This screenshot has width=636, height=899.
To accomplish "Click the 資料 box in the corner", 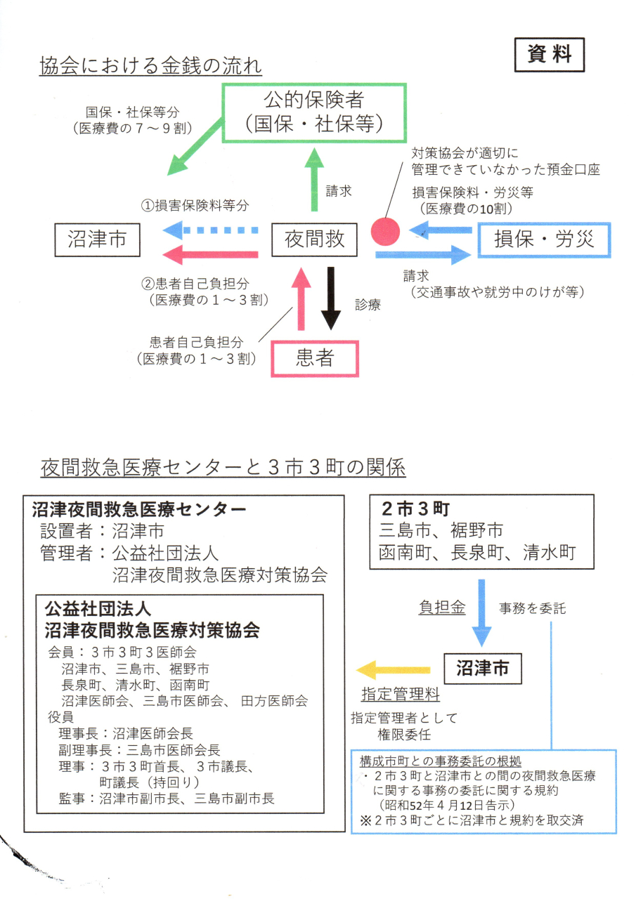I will pos(549,54).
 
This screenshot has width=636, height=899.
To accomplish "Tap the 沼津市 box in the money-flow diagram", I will pos(98,240).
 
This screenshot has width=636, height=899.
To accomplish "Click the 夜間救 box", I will pos(315,240).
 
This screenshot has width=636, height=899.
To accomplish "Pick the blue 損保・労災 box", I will pos(544,240).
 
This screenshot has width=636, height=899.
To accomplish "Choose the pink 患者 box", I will pos(315,359).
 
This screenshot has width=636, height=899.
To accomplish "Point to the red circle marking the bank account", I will pos(384,230).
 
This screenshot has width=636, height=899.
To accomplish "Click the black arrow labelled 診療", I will pos(330,298).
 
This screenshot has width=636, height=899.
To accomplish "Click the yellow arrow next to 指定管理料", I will pos(393,670).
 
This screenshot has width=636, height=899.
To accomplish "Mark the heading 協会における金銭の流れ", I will pos(150,67).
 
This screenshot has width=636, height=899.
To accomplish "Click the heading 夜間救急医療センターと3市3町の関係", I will pos(223,467).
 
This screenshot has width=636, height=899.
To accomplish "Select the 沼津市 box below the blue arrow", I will pos(482,668).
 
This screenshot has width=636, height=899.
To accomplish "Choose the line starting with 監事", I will pos(167,798).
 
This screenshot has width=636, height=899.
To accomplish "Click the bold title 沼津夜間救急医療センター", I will pos(138,509).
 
